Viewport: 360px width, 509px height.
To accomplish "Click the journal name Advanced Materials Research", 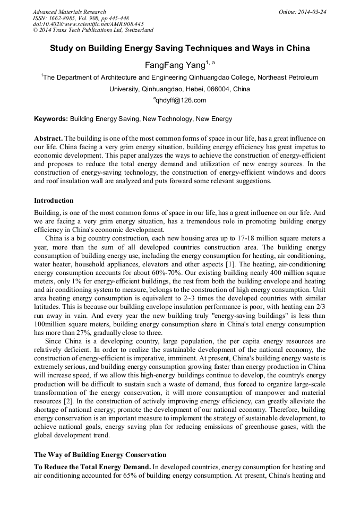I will coord(69,11).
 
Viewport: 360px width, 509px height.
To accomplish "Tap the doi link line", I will coord(88,24).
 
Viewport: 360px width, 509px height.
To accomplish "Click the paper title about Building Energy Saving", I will coord(179,48).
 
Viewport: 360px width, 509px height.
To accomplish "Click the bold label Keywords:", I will coord(51,119).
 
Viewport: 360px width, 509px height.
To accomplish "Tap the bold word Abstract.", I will coord(48,137).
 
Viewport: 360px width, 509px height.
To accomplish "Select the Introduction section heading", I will coord(54,201).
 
